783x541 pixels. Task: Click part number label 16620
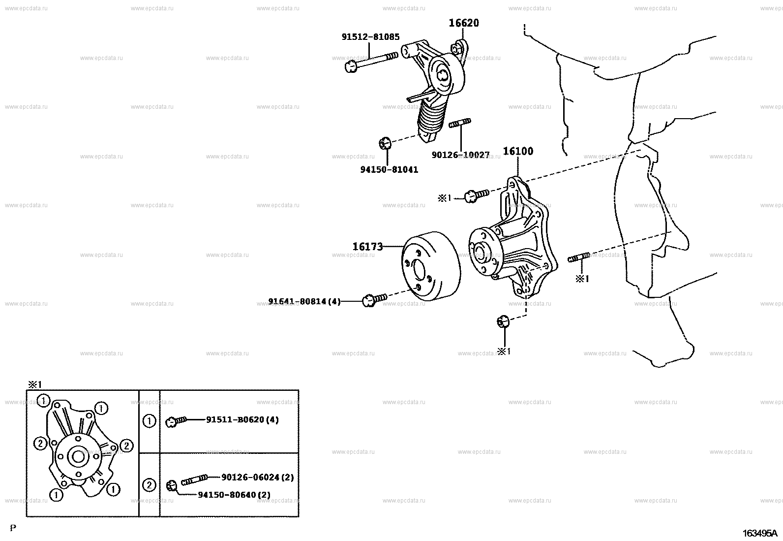463,23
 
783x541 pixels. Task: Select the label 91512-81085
370,37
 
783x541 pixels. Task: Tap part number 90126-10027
460,155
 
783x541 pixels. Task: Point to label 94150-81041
389,169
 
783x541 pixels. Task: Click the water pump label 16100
517,151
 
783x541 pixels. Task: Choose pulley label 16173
367,247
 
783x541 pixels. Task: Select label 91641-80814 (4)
304,301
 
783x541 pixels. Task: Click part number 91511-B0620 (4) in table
242,420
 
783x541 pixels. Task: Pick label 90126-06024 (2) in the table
257,477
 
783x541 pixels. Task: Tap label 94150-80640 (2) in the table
234,495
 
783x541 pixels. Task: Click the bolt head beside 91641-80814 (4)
369,300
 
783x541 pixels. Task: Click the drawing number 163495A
759,533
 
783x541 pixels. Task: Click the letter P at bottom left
13,529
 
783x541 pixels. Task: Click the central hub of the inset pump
78,457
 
